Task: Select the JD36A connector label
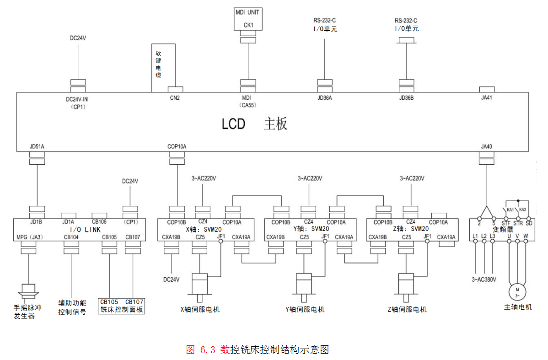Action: click(324, 97)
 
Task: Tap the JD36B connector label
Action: click(406, 97)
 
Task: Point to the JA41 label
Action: click(486, 97)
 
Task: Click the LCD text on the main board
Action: click(233, 124)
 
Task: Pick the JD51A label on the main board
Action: click(37, 147)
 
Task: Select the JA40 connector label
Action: click(486, 147)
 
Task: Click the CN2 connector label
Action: click(175, 97)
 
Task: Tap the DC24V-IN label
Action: click(79, 99)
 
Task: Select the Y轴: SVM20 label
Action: click(313, 229)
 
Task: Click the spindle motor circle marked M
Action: click(517, 290)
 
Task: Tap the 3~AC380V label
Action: click(484, 279)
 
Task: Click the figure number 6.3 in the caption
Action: click(207, 350)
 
